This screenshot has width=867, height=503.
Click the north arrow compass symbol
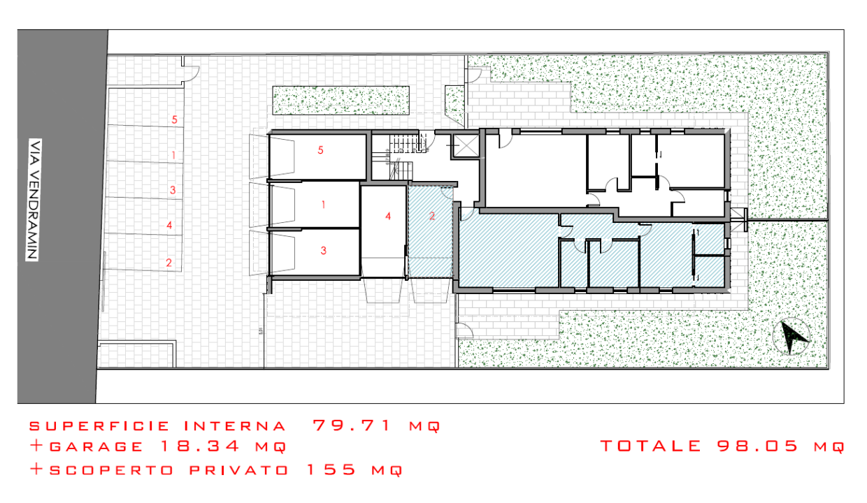791,337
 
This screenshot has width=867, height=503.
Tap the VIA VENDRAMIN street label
32,199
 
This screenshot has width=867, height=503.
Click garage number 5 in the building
320,150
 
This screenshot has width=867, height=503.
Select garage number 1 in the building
323,205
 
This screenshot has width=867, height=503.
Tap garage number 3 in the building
323,250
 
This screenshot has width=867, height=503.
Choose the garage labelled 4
387,217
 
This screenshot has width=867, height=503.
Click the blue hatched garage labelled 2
432,217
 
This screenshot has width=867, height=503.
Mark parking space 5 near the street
174,119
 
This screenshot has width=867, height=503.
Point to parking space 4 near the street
169,225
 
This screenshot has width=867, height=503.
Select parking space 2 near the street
169,263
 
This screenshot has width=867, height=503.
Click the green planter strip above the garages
340,100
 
